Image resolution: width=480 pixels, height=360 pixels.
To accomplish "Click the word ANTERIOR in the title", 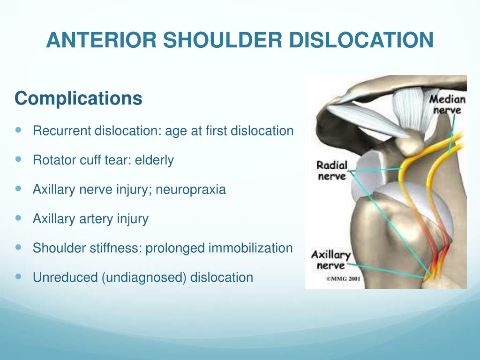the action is (101, 40).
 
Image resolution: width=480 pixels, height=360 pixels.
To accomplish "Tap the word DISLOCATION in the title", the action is (361, 40).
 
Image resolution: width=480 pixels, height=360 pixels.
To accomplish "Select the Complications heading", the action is (78, 98).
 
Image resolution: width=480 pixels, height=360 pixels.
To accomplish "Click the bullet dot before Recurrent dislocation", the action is (18, 130).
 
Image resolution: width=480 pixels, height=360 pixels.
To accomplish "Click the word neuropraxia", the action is (191, 189).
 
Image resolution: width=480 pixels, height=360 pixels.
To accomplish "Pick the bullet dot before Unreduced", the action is (18, 277).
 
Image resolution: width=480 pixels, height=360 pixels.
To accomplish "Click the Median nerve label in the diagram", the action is (447, 105).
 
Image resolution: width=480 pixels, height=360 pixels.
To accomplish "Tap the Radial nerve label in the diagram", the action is (332, 171).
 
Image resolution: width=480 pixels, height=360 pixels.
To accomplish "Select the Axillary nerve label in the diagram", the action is (331, 260).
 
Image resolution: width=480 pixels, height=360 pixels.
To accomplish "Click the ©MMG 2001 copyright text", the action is (343, 278).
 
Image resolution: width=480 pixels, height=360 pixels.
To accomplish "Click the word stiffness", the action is (116, 248).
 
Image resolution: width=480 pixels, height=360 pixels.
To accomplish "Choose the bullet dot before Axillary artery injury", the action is (18, 218).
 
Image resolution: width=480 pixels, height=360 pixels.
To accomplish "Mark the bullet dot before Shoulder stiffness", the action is (18, 247).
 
